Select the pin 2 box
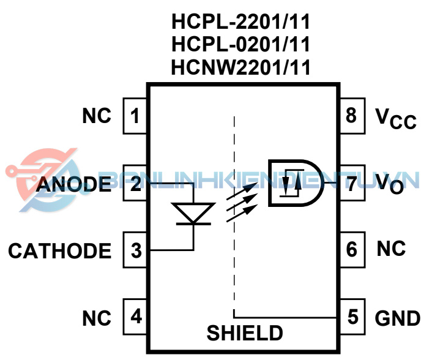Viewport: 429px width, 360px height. [x=135, y=182]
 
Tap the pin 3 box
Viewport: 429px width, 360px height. [x=135, y=250]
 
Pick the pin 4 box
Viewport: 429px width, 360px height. [x=135, y=317]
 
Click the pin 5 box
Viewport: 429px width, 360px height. [x=351, y=317]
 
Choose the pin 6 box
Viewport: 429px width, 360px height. [x=351, y=250]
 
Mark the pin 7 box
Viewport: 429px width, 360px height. [x=351, y=182]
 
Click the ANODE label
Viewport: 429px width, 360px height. [x=74, y=184]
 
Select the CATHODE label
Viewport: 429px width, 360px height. [x=60, y=251]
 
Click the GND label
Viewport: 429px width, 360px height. [x=397, y=318]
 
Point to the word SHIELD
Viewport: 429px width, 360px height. [x=245, y=333]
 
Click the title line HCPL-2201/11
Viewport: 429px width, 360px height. [x=241, y=23]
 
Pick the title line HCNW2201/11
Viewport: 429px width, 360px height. [x=241, y=66]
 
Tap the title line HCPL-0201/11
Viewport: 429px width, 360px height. [x=241, y=44]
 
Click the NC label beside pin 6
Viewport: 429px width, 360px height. [x=391, y=249]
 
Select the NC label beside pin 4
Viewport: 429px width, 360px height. [x=97, y=318]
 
